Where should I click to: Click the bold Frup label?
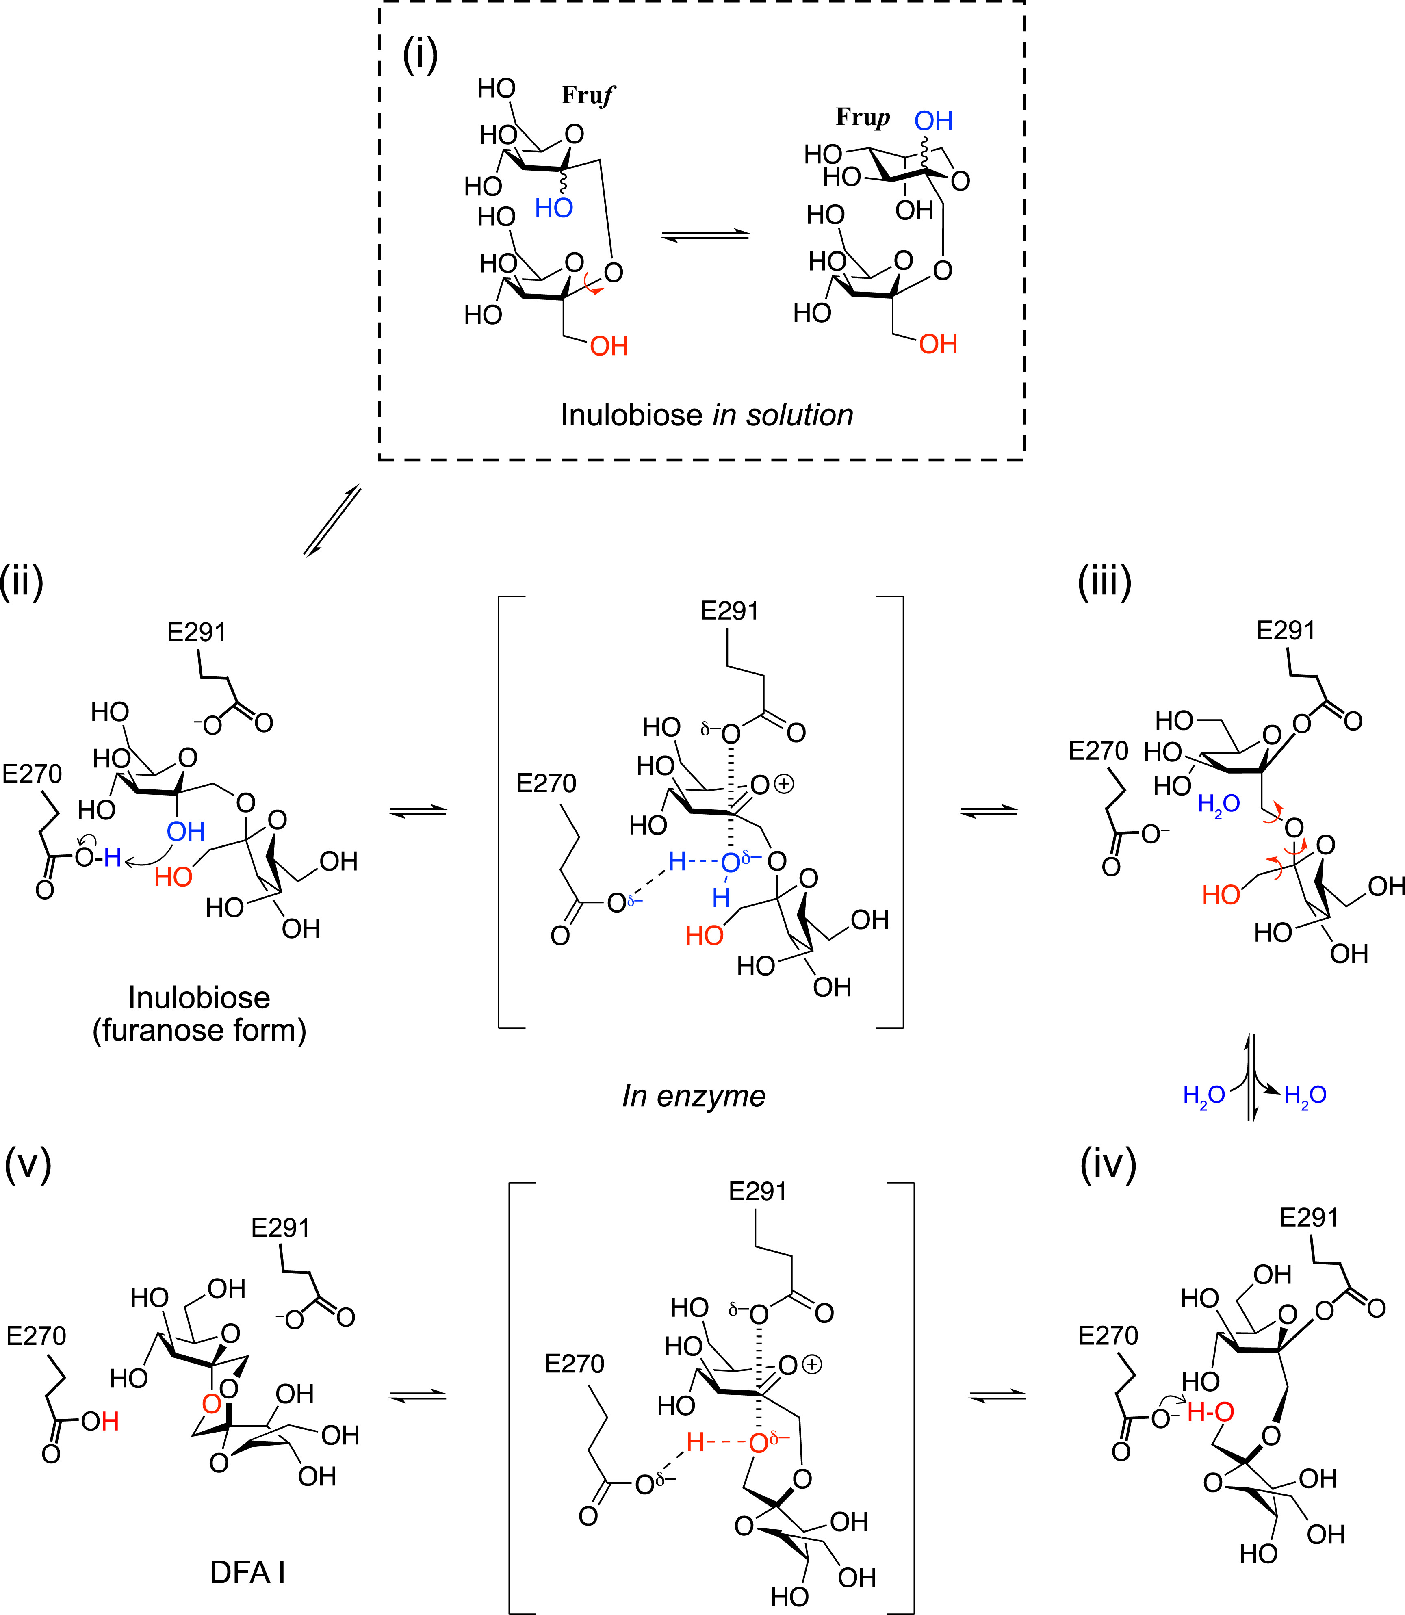tap(863, 117)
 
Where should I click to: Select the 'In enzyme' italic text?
tap(694, 1096)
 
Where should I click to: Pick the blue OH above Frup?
tap(933, 121)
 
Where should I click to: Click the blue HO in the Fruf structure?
tap(553, 208)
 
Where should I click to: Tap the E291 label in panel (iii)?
tap(1285, 630)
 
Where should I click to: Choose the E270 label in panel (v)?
tap(36, 1335)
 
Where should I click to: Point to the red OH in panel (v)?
tap(100, 1421)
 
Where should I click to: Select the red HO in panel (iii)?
tap(1221, 895)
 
